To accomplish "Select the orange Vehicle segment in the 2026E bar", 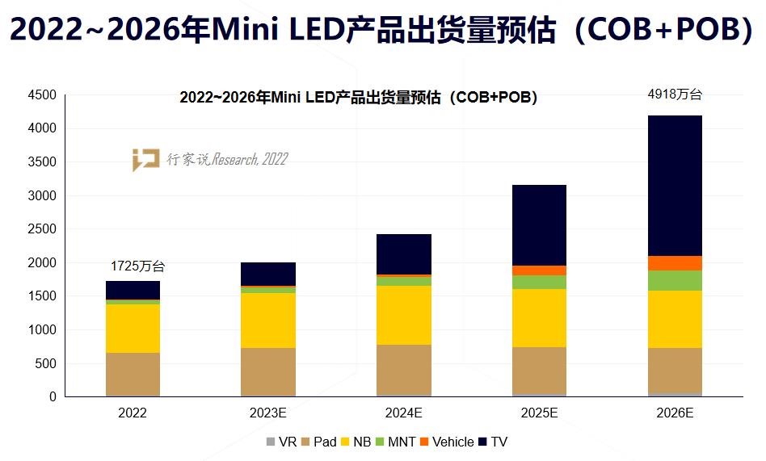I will point(675,263).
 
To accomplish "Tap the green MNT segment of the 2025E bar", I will point(539,282).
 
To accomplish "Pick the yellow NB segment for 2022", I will point(133,328).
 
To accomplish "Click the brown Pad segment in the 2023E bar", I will point(268,371).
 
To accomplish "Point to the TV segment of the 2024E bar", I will point(403,254).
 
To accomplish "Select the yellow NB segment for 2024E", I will point(403,315).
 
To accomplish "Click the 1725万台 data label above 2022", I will point(137,266).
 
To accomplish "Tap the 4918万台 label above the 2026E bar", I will point(676,94).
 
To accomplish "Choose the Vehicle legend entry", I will point(446,442).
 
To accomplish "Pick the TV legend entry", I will point(492,442).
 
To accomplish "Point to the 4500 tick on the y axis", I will point(42,95).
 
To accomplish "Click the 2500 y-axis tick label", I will point(42,229).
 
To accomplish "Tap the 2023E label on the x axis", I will point(268,413).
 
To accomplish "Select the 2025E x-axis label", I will point(539,413).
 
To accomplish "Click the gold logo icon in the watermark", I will point(145,160).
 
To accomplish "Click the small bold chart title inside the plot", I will point(358,98).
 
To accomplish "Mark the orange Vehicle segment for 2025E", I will point(539,270).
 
